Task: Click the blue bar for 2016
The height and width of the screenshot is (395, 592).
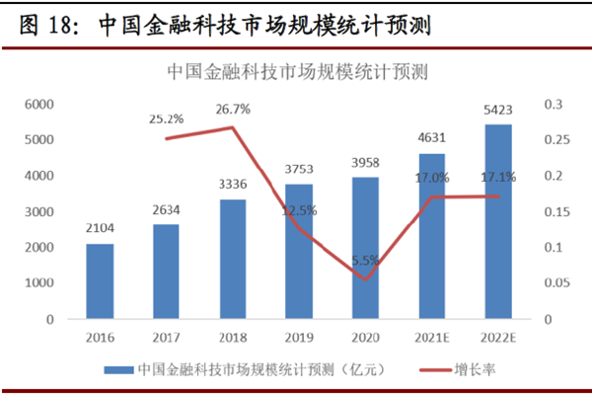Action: (x=100, y=281)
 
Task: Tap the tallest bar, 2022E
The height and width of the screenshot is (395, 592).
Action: (x=498, y=222)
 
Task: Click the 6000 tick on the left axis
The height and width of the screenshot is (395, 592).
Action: (x=38, y=104)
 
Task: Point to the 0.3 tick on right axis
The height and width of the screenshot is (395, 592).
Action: (x=553, y=104)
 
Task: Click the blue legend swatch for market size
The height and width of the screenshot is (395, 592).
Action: (x=118, y=369)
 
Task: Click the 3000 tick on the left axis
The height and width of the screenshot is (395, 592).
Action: (x=38, y=211)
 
